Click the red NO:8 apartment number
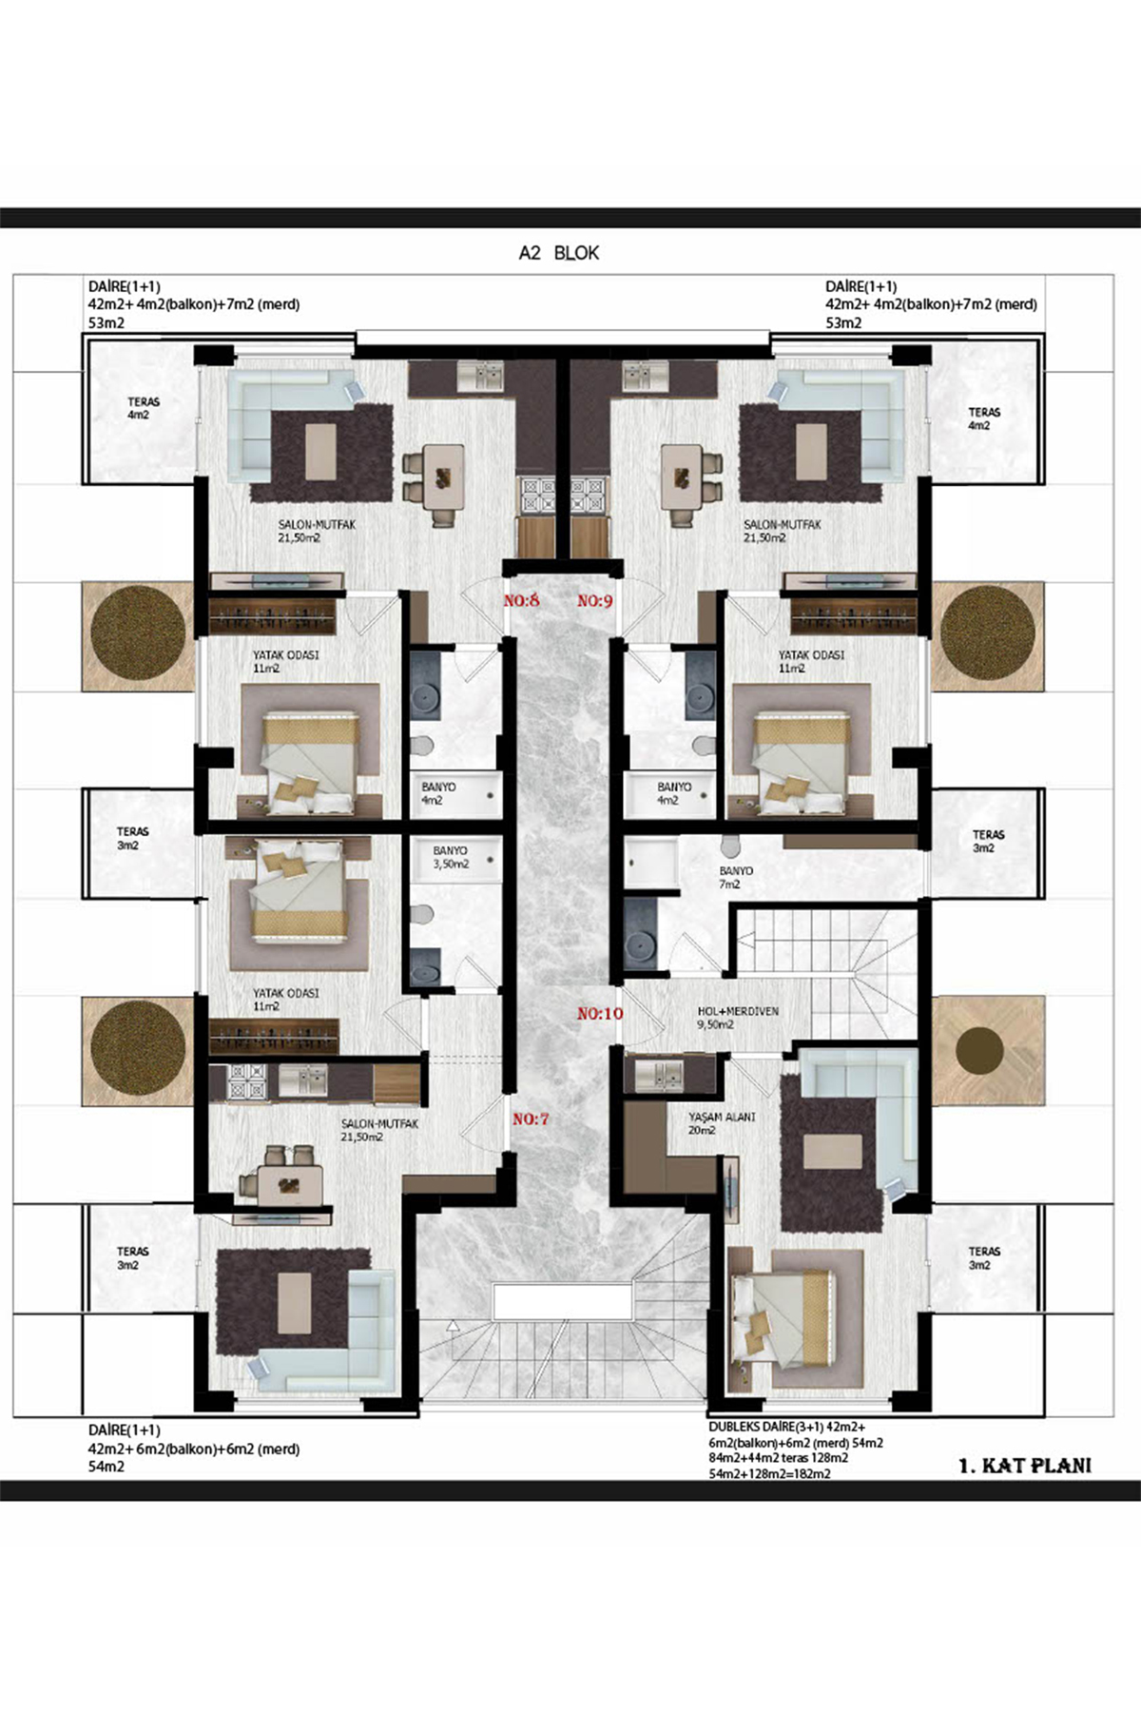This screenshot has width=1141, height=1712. (521, 601)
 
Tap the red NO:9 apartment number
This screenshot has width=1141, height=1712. (595, 601)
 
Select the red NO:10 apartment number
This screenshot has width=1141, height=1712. (600, 1014)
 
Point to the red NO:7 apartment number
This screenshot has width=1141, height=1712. (531, 1119)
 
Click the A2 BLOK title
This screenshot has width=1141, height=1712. (559, 253)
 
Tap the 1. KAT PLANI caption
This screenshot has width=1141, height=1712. (1025, 1466)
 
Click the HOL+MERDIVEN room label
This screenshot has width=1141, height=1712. (738, 1012)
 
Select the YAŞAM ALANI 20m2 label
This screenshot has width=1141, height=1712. (722, 1123)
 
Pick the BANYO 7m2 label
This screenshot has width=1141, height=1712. (736, 878)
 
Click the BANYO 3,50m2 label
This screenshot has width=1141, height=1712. (451, 858)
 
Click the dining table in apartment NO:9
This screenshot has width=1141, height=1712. (684, 477)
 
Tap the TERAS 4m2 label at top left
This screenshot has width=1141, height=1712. (144, 408)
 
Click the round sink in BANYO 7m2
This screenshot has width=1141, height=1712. (639, 944)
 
